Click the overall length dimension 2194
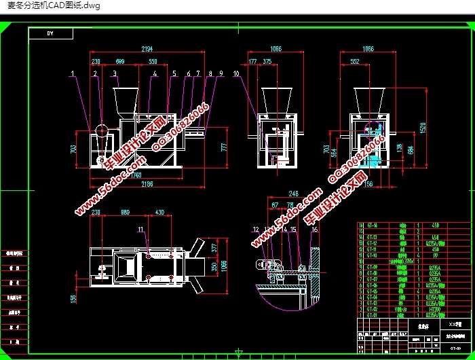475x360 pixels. click(147, 50)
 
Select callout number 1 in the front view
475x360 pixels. click(71, 73)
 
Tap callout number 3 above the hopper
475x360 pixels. click(115, 73)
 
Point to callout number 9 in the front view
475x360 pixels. click(221, 73)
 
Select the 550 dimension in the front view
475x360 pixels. click(154, 61)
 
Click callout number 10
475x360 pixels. click(235, 73)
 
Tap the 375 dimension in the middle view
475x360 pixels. click(267, 61)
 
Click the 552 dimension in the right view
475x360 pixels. click(354, 61)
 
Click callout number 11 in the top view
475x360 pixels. click(141, 230)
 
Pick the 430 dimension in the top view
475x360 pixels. click(160, 213)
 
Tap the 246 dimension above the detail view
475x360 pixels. click(293, 193)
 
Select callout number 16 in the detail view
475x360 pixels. click(314, 230)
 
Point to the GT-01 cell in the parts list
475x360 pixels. click(373, 315)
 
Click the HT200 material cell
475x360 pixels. click(434, 309)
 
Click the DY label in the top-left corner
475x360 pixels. click(51, 33)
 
